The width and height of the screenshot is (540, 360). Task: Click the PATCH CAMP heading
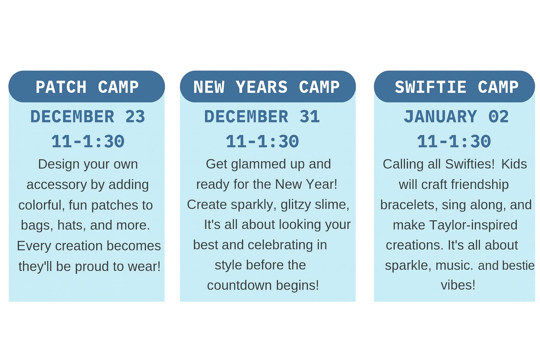tap(87, 87)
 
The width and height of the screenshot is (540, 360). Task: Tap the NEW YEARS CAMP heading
tap(266, 87)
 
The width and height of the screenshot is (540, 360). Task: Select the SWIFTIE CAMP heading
tap(457, 87)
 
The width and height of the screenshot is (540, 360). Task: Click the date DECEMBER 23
tap(88, 116)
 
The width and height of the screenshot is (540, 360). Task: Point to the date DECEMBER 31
tap(262, 116)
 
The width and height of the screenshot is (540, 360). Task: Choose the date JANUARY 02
tap(456, 116)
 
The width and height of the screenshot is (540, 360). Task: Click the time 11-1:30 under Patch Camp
tap(88, 141)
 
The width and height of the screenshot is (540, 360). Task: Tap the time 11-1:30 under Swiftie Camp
tap(454, 141)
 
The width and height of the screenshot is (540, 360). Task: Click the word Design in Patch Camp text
tap(55, 165)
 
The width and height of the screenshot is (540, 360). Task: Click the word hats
tap(72, 225)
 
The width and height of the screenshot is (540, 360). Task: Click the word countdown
tap(239, 285)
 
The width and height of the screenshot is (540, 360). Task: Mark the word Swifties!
tap(470, 165)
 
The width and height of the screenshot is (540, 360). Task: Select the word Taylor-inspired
tap(473, 225)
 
